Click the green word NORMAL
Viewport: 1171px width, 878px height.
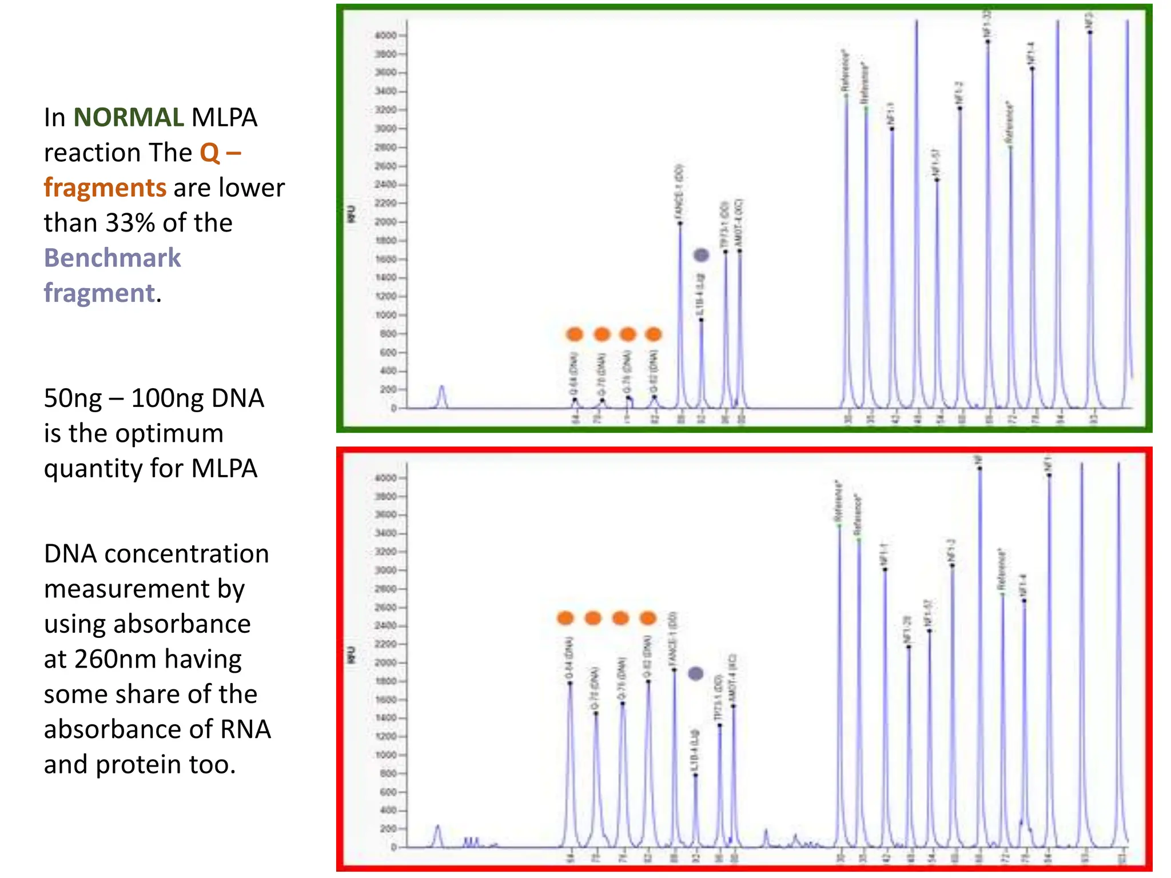(x=128, y=118)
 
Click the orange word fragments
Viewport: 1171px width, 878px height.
(x=105, y=188)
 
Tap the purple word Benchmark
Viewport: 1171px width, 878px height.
(x=112, y=258)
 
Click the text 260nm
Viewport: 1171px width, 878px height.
(x=113, y=659)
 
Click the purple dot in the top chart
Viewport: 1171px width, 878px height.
(x=701, y=255)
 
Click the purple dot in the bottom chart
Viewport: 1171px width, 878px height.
(x=695, y=673)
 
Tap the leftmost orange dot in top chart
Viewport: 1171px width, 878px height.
(x=574, y=334)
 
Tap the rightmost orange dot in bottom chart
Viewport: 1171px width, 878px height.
(x=648, y=618)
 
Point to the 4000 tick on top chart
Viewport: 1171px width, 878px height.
(x=385, y=35)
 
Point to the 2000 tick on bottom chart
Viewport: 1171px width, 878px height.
(x=385, y=663)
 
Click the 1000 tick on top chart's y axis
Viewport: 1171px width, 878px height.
(x=385, y=316)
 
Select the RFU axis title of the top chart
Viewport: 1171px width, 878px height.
(x=351, y=214)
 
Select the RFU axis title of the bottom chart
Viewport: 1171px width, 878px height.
(x=351, y=656)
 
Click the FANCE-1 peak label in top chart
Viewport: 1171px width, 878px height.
(x=679, y=191)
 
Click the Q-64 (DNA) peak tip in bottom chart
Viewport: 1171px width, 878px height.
(x=570, y=684)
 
